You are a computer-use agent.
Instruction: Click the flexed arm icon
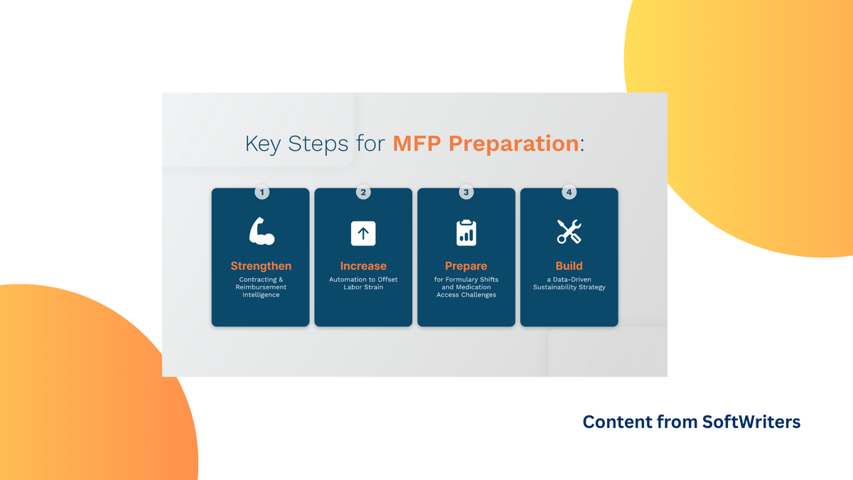(261, 232)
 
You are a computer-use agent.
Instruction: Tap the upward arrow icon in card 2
(363, 233)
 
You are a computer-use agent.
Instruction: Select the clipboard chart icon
(466, 233)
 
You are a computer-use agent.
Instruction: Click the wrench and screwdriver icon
(569, 232)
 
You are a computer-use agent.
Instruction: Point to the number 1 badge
(261, 192)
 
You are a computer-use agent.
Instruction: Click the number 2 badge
(363, 192)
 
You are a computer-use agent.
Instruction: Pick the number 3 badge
(466, 192)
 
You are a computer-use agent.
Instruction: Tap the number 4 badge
(569, 192)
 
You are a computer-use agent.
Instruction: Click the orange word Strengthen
(261, 266)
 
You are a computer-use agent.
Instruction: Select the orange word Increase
(363, 266)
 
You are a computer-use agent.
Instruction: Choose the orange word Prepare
(466, 266)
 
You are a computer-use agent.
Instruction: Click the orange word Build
(569, 266)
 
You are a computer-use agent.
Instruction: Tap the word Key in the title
(264, 144)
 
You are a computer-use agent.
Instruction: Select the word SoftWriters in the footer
(751, 422)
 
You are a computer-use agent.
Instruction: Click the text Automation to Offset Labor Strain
(363, 283)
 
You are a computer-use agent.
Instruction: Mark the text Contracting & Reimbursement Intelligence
(261, 287)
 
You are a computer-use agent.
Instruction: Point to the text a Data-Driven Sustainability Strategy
(569, 283)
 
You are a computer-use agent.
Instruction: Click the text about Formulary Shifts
(466, 287)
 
